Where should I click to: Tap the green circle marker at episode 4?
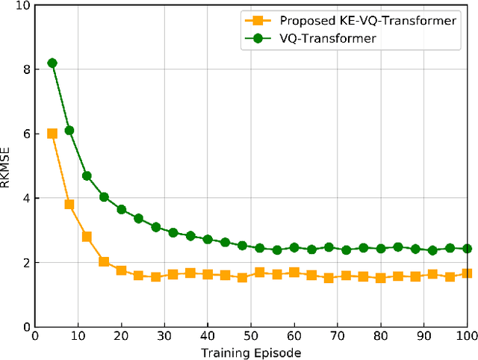[x=52, y=63]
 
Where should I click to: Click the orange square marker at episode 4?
[x=52, y=134]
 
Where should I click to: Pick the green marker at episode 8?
[x=69, y=131]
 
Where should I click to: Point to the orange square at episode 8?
[x=69, y=205]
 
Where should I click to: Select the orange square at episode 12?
[x=87, y=237]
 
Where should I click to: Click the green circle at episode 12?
[x=87, y=176]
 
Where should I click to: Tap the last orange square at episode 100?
[x=467, y=273]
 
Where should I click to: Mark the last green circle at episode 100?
[x=467, y=249]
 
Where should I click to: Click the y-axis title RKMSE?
[x=7, y=166]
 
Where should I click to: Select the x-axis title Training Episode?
[x=250, y=352]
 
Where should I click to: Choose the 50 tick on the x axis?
[x=250, y=337]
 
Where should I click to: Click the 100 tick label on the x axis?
[x=466, y=337]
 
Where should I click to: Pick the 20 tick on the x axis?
[x=121, y=337]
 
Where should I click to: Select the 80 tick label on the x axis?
[x=380, y=337]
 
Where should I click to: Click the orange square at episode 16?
[x=104, y=262]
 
